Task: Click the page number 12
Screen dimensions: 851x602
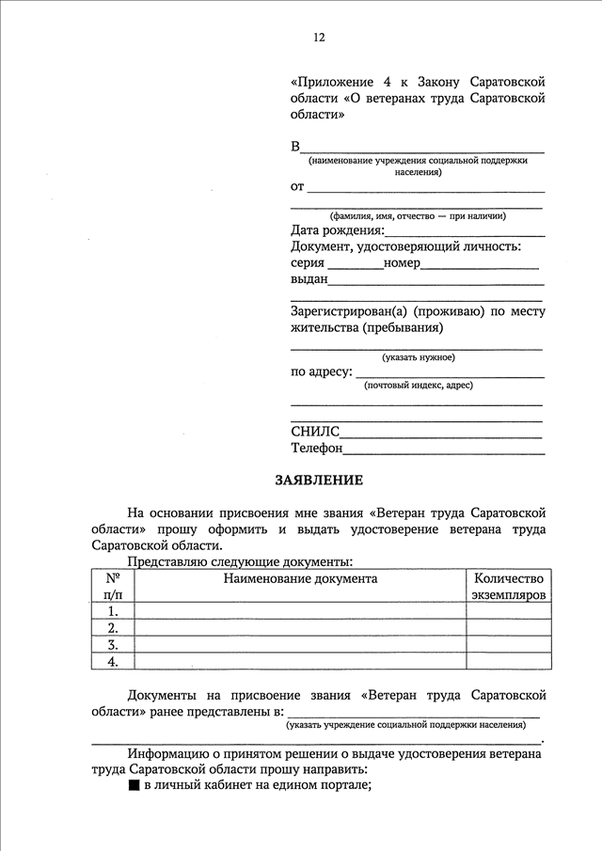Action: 319,38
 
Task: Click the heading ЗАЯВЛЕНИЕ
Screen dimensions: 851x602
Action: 318,480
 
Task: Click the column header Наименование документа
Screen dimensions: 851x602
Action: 300,578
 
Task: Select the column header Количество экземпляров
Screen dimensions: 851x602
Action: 509,587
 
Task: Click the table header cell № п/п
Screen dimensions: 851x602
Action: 113,587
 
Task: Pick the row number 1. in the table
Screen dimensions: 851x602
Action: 113,611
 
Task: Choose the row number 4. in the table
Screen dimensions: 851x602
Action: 113,662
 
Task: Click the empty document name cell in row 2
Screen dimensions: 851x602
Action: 300,628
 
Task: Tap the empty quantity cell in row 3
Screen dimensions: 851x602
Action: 509,645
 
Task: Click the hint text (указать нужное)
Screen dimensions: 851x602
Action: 418,357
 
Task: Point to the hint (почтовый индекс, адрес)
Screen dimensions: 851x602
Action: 418,385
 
